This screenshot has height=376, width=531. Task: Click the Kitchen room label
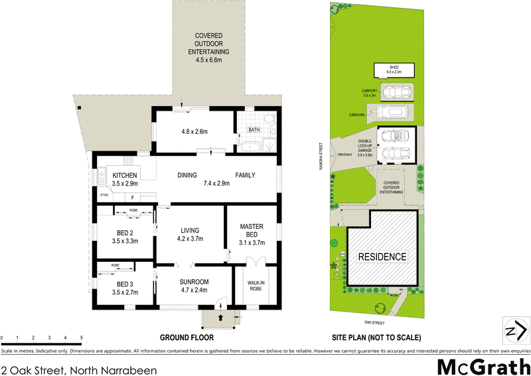pos(125,175)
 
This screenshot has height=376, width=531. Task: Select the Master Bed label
pos(252,231)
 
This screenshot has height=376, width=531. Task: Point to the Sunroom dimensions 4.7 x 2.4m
pos(194,290)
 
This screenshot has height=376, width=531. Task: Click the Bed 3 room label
pos(125,283)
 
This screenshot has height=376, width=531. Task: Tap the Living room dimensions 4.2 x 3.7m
pos(189,239)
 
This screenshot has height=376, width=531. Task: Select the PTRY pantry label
pos(104,196)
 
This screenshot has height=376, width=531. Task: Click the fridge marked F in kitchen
pos(133,197)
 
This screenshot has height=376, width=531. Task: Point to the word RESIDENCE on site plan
pos(382,256)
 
